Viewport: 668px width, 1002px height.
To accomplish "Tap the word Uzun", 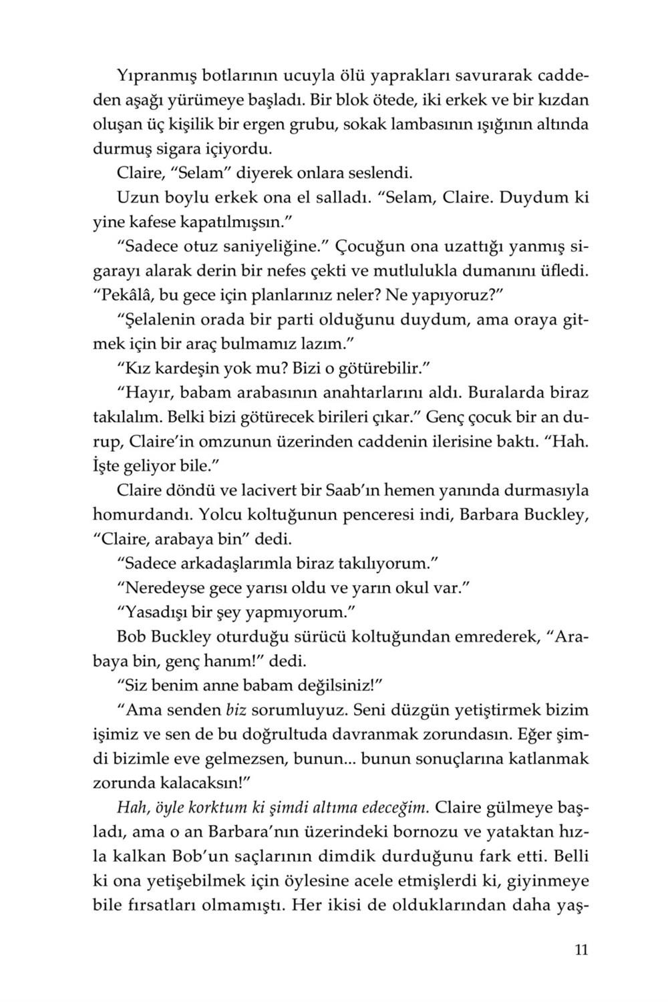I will point(138,197).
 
